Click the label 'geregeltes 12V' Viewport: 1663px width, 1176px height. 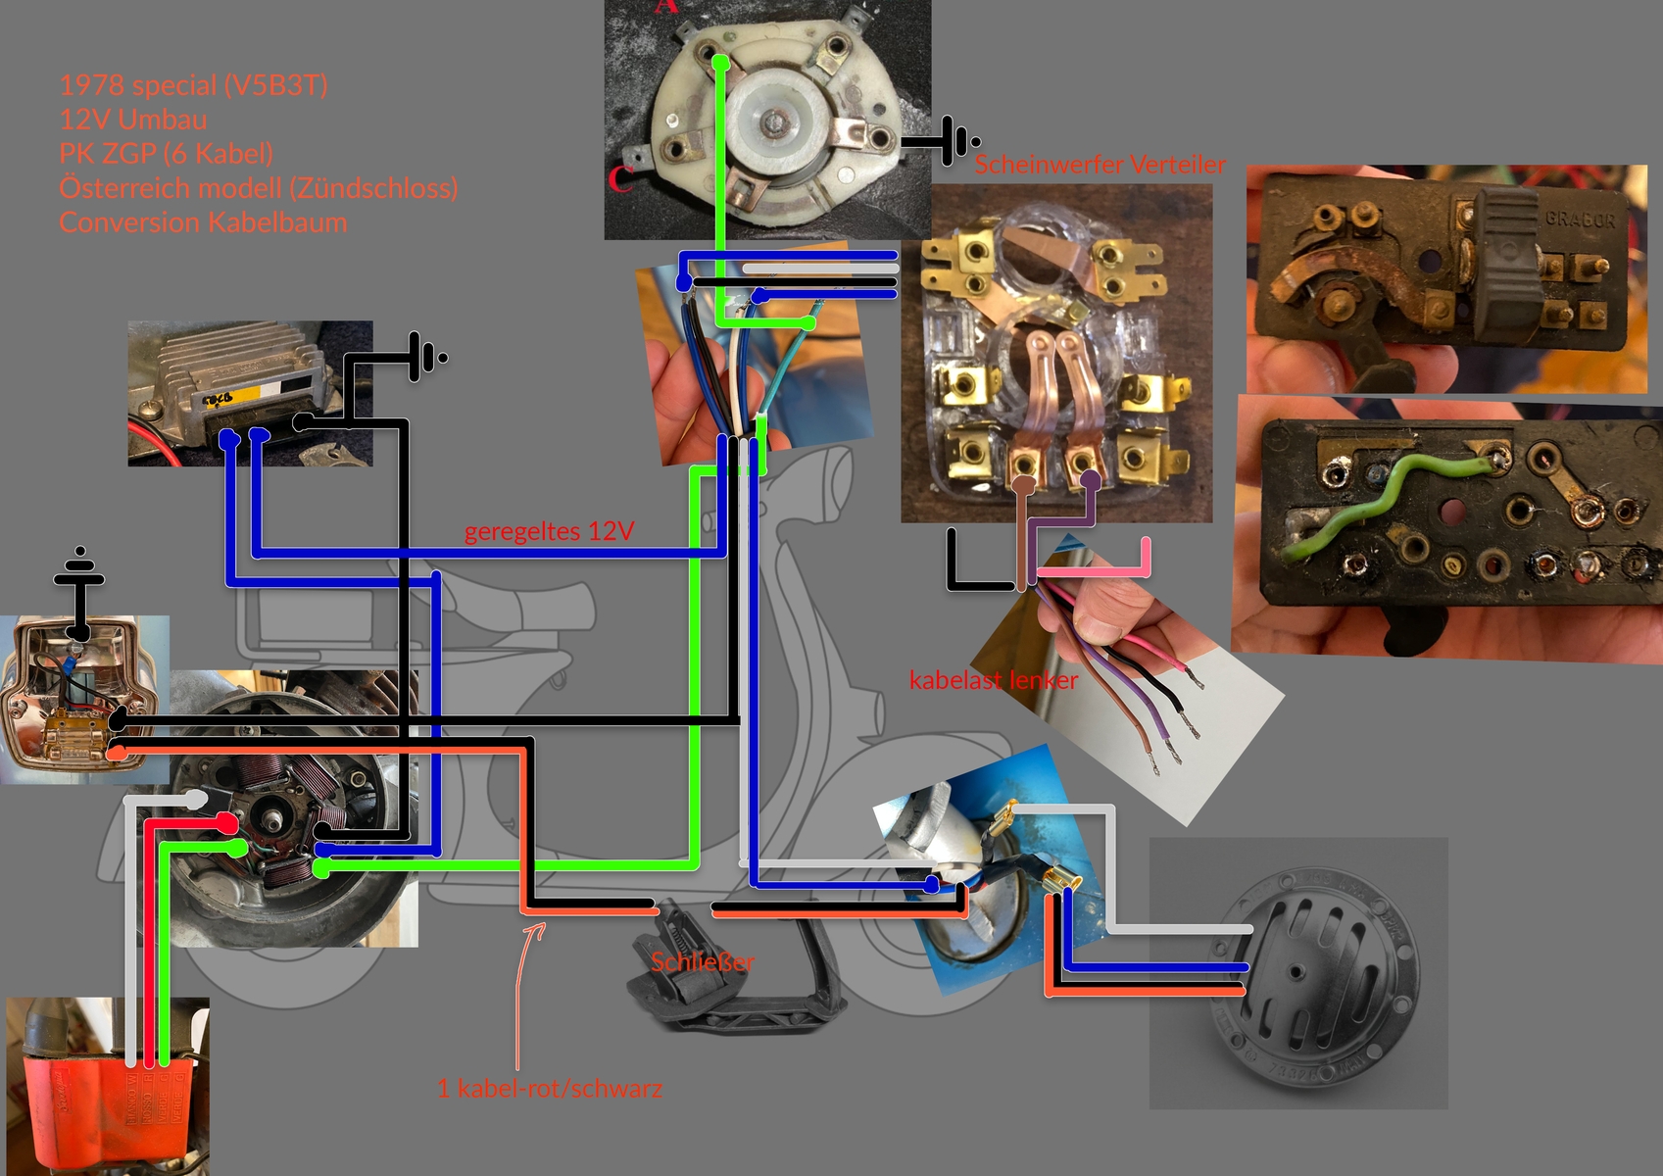coord(549,531)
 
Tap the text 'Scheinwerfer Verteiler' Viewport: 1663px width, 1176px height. coord(1100,165)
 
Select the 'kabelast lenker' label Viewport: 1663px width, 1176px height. coord(993,680)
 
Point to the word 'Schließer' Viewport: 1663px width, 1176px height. coord(703,962)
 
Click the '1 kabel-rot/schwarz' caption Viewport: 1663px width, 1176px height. coord(550,1088)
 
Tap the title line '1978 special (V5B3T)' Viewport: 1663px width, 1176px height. coord(193,85)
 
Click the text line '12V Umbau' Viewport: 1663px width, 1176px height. coord(133,120)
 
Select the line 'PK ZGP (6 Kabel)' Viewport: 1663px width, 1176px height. coord(166,154)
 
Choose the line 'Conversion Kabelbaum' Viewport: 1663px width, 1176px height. coord(203,222)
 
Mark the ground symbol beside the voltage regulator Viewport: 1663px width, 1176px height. coord(427,358)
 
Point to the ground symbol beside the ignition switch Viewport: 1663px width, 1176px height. coord(955,142)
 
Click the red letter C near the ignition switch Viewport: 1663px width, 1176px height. coord(619,179)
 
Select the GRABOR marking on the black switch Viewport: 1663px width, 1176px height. coord(1579,219)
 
